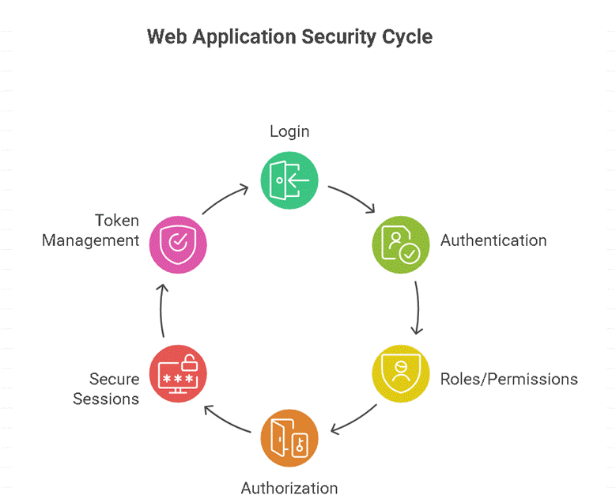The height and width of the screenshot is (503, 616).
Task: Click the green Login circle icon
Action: click(289, 180)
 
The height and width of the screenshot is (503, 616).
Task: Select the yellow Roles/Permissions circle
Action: click(400, 373)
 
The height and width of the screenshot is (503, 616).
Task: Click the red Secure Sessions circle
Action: click(179, 373)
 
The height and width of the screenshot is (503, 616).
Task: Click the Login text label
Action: click(289, 131)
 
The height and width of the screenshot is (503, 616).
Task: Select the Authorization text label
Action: click(289, 488)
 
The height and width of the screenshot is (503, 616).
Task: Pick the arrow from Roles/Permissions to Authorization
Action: click(353, 419)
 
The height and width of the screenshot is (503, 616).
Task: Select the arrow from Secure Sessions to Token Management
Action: click(162, 308)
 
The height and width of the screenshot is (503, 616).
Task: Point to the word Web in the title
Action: click(164, 37)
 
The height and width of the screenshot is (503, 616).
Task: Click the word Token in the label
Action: click(117, 220)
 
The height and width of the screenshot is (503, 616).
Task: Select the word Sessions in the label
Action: click(106, 399)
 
